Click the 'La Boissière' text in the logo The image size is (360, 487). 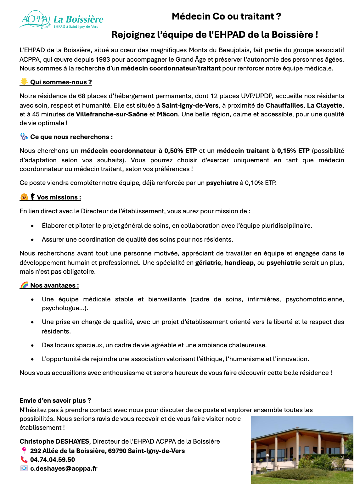[x=78, y=19]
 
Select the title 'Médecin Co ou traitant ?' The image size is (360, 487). [x=226, y=16]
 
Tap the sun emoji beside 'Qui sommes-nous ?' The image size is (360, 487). [x=24, y=82]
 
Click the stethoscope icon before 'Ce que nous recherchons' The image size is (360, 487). [x=24, y=137]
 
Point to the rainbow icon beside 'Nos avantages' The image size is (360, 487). [x=24, y=285]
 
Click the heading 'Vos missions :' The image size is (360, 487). [x=59, y=197]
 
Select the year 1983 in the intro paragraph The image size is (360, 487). [x=103, y=59]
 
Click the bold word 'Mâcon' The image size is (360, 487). [x=167, y=114]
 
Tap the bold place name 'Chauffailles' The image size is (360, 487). [x=284, y=105]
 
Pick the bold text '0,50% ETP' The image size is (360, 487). [x=181, y=151]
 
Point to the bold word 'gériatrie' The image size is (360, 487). [x=208, y=263]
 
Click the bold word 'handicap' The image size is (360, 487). [x=239, y=263]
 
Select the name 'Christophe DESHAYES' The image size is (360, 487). [x=55, y=441]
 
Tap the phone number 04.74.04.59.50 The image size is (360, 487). [x=53, y=460]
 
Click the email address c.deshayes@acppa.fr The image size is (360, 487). [x=64, y=468]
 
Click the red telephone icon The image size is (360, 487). [x=24, y=459]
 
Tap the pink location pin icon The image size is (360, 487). [x=24, y=451]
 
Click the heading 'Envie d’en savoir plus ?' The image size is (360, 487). [x=55, y=400]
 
